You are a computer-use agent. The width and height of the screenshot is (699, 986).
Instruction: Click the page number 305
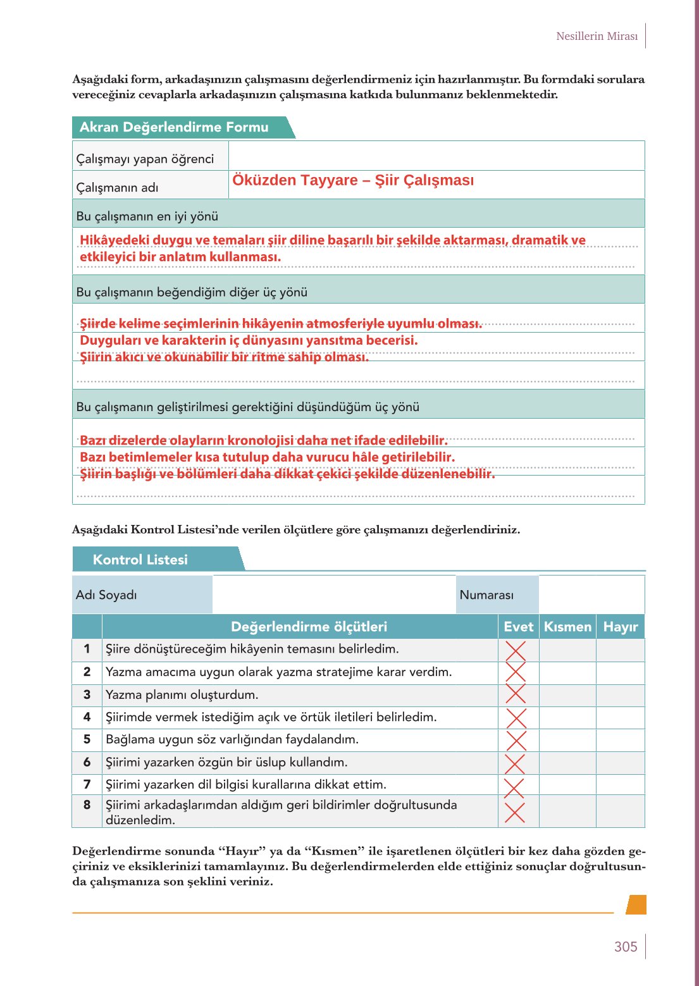(625, 947)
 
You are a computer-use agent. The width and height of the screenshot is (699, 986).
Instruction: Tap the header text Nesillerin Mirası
(597, 36)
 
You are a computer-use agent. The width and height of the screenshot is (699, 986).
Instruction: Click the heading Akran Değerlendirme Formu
(174, 127)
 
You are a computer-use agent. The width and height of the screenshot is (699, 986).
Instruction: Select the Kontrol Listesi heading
(140, 560)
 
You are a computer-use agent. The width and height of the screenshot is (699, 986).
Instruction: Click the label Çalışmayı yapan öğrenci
(145, 159)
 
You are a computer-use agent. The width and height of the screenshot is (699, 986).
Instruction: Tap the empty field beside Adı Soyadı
(333, 595)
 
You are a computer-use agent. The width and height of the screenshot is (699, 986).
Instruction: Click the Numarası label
(486, 595)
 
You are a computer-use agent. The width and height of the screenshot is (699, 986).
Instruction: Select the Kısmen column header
(567, 627)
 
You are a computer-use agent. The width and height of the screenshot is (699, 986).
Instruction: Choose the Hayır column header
(620, 627)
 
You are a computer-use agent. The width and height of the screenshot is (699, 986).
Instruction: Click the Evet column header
(518, 627)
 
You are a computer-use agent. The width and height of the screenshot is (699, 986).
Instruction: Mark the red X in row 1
(516, 650)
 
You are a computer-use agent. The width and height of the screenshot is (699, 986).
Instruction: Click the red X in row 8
(515, 812)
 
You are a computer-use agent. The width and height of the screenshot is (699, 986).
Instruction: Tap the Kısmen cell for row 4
(567, 717)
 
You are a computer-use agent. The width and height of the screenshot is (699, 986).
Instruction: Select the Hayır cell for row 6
(620, 763)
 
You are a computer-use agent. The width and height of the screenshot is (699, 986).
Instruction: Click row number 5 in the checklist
(87, 739)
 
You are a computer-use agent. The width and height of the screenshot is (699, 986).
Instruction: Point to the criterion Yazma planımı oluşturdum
(182, 694)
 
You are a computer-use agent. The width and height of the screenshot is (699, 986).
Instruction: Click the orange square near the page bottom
(636, 904)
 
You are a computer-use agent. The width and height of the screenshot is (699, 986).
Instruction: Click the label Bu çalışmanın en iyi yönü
(147, 216)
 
